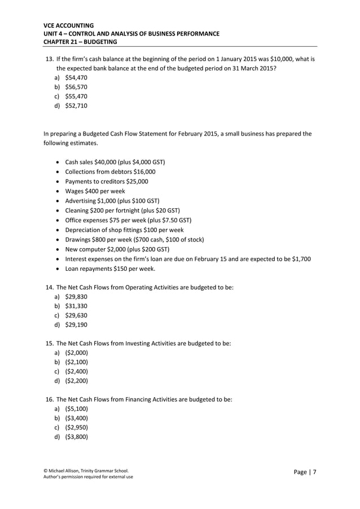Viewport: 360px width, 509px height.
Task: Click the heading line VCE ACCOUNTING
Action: tap(69, 25)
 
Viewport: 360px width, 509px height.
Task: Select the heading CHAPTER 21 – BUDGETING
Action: tap(80, 42)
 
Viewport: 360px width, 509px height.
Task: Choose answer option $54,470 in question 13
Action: tap(76, 77)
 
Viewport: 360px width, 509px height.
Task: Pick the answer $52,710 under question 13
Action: tap(76, 105)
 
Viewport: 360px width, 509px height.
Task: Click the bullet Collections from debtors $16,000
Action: tap(110, 172)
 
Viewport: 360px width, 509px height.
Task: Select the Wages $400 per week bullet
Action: tap(95, 191)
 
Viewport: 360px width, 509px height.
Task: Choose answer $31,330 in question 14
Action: tap(76, 306)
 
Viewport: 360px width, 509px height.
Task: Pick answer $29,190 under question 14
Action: tap(76, 324)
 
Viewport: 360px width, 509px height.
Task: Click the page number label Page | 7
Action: tap(305, 472)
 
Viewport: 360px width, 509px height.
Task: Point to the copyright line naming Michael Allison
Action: tap(86, 470)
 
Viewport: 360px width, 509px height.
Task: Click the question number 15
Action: tap(49, 343)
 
